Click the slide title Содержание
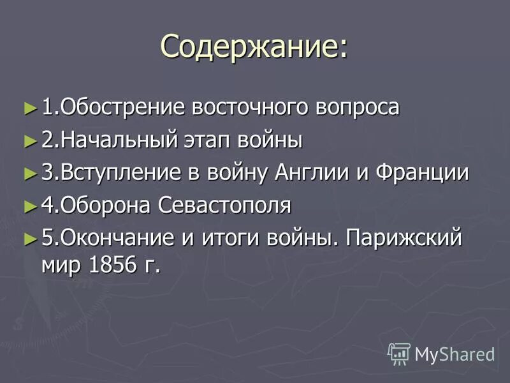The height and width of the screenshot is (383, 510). point(254,47)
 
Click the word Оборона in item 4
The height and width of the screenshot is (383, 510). point(105,206)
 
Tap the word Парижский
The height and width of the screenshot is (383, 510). point(402,239)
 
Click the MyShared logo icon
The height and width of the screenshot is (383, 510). point(399,353)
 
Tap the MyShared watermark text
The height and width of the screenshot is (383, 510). point(455,354)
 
